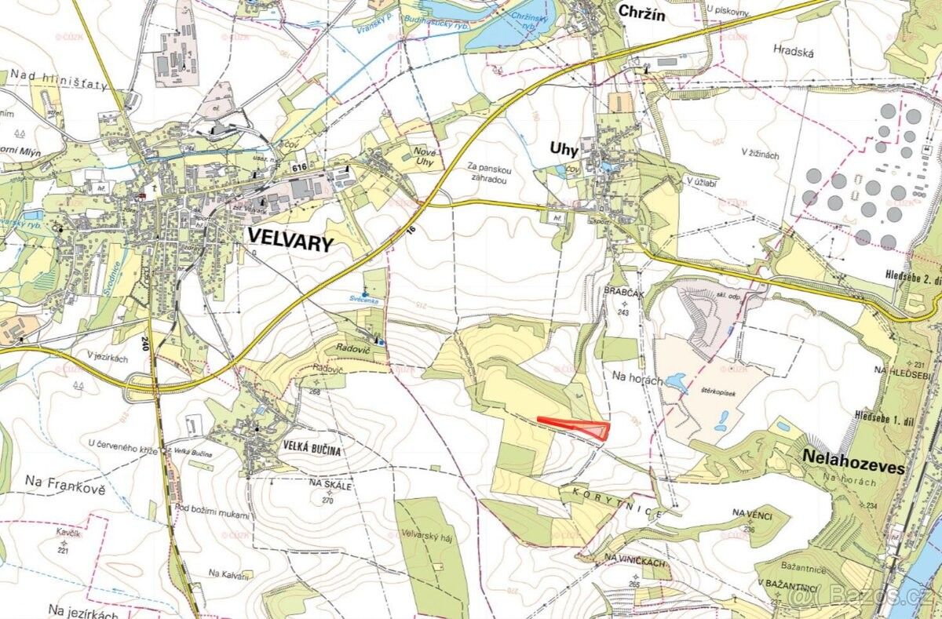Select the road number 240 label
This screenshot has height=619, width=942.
pyautogui.click(x=146, y=343)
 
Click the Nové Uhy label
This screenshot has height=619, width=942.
pyautogui.click(x=424, y=155)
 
